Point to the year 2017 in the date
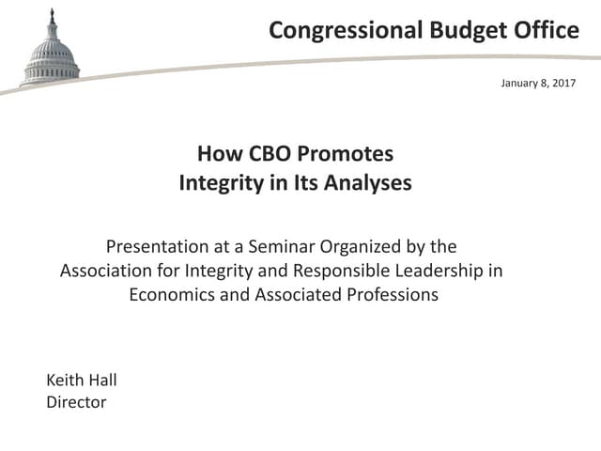tap(562, 84)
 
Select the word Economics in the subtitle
tap(175, 294)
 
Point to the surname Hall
tap(103, 381)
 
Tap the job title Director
tap(76, 402)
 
